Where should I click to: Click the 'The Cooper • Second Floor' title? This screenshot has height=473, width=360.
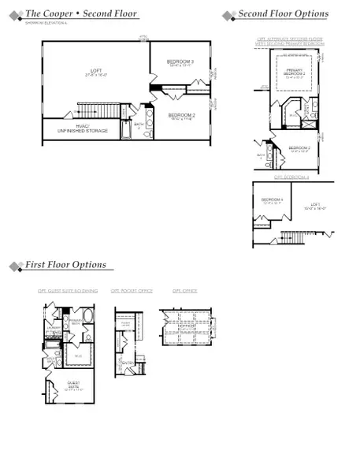click(81, 14)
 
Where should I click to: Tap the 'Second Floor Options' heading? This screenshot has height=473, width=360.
click(283, 14)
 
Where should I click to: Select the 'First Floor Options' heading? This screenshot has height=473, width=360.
click(65, 265)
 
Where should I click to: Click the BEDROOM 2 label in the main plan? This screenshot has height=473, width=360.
click(181, 115)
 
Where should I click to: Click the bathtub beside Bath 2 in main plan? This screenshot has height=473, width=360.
click(129, 128)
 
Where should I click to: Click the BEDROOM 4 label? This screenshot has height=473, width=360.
click(273, 200)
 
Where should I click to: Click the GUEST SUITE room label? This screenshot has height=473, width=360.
click(72, 386)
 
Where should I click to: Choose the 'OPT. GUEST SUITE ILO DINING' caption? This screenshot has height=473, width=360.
click(68, 291)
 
